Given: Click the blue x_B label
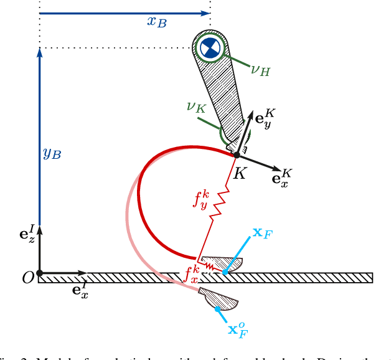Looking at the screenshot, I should tap(156, 22).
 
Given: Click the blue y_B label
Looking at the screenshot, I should tap(51, 154).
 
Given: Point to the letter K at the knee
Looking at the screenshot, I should tap(238, 174).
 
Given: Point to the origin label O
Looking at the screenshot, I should tap(27, 278).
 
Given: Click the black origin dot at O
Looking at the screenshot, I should tap(39, 273).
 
